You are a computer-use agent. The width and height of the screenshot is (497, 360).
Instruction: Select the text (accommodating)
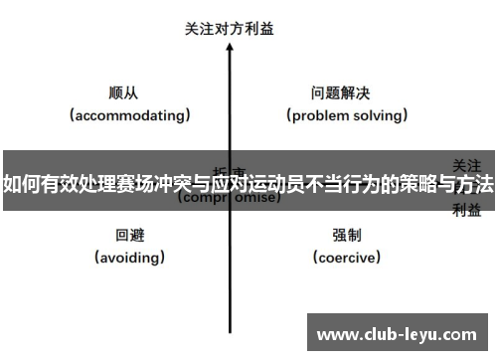click(x=129, y=114)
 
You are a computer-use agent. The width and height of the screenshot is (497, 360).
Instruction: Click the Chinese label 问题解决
click(x=341, y=92)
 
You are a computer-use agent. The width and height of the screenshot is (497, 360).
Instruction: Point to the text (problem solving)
click(x=348, y=114)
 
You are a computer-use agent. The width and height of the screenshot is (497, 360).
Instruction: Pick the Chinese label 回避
click(x=130, y=236)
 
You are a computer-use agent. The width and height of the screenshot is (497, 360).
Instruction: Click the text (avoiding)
click(x=130, y=258)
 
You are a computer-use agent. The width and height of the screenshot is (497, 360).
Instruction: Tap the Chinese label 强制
click(x=347, y=236)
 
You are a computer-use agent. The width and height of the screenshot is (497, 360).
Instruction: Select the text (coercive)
click(x=347, y=258)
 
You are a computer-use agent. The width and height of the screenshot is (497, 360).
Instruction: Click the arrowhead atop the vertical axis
click(x=231, y=49)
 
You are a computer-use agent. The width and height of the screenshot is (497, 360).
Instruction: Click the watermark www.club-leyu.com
click(x=397, y=335)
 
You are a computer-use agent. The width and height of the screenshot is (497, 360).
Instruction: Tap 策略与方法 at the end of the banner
click(x=449, y=185)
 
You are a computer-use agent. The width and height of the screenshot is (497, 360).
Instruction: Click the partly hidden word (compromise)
click(x=229, y=198)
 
